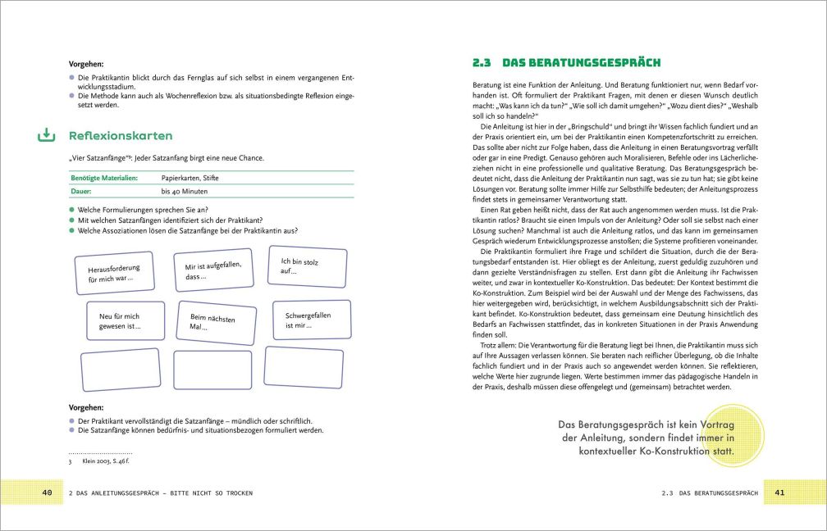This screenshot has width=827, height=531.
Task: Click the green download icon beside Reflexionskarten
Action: click(x=46, y=135)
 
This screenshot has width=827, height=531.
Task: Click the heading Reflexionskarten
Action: click(x=121, y=136)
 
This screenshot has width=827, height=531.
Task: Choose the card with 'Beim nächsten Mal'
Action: click(x=213, y=322)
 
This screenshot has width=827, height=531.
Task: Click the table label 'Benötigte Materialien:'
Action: click(x=103, y=178)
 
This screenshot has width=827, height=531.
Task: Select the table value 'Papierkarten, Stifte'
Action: click(x=190, y=178)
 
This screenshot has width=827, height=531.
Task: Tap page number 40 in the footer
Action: click(x=47, y=492)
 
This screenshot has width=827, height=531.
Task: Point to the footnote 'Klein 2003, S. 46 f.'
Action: click(x=107, y=461)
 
